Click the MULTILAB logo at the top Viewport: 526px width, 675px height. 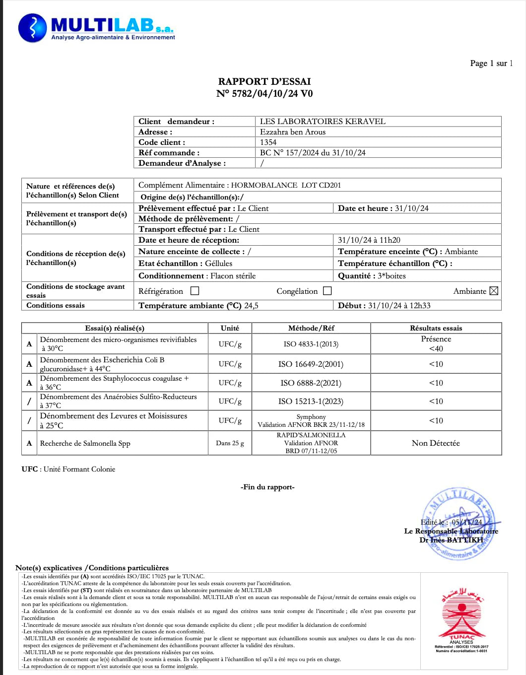[x=97, y=28]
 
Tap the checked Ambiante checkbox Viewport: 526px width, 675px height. [x=494, y=291]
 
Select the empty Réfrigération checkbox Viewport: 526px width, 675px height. [x=195, y=291]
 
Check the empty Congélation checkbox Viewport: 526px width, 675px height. [x=328, y=291]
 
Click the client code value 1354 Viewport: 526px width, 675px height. [x=268, y=142]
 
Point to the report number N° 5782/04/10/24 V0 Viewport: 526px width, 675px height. [x=264, y=93]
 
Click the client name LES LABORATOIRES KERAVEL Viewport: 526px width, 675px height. [x=323, y=121]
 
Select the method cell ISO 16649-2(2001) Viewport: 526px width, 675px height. [x=311, y=364]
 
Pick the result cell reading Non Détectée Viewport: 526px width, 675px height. [x=436, y=443]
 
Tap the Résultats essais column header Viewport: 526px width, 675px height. [x=436, y=328]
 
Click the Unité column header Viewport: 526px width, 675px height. [x=230, y=328]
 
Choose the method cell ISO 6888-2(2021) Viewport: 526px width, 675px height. [x=311, y=383]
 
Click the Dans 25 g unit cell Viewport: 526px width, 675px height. [x=230, y=443]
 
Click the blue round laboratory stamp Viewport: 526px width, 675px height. [x=459, y=524]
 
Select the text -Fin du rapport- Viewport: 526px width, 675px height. [x=267, y=487]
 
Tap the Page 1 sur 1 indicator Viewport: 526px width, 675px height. [x=491, y=63]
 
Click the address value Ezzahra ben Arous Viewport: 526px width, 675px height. [x=293, y=132]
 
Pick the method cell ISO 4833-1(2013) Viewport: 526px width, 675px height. [x=311, y=344]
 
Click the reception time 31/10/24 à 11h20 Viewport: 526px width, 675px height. [x=369, y=240]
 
